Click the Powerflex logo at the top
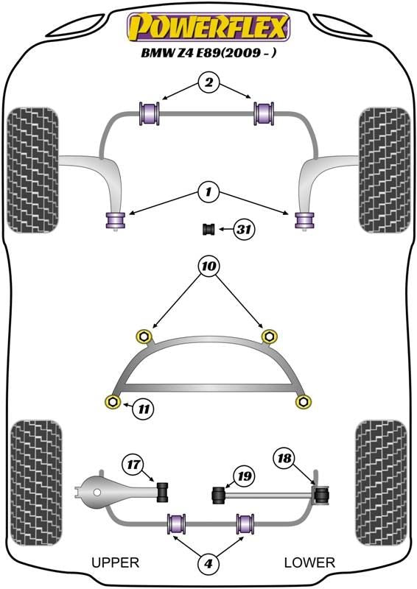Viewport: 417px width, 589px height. click(208, 27)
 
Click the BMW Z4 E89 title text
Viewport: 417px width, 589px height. click(208, 52)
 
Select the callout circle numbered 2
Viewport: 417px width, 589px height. click(208, 82)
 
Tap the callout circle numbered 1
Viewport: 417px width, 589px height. click(208, 193)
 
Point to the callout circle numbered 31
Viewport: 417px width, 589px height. click(244, 228)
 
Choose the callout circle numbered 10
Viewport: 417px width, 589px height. click(209, 267)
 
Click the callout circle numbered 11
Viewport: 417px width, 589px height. click(144, 409)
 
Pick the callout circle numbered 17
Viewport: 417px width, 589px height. click(133, 465)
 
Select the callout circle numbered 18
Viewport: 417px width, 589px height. click(284, 458)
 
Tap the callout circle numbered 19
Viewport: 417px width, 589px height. click(244, 476)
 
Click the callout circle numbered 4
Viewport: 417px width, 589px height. click(208, 563)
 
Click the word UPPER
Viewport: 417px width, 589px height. click(116, 562)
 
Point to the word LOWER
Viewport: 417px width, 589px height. click(309, 562)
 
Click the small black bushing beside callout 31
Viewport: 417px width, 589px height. click(208, 229)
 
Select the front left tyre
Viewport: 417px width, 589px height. click(33, 170)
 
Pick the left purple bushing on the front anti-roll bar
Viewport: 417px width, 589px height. click(150, 113)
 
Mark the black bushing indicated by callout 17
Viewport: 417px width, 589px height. click(162, 491)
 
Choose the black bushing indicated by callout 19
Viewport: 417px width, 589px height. click(219, 495)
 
